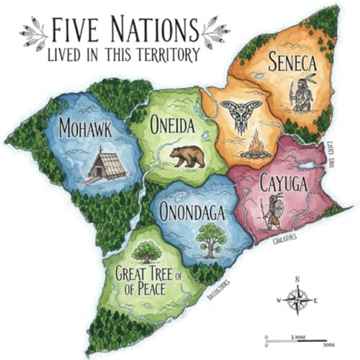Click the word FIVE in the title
point(75,31)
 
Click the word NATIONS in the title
point(152,31)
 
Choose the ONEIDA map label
point(173,125)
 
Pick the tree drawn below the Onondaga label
point(210,240)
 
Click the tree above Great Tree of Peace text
point(148,251)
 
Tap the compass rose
point(297,298)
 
